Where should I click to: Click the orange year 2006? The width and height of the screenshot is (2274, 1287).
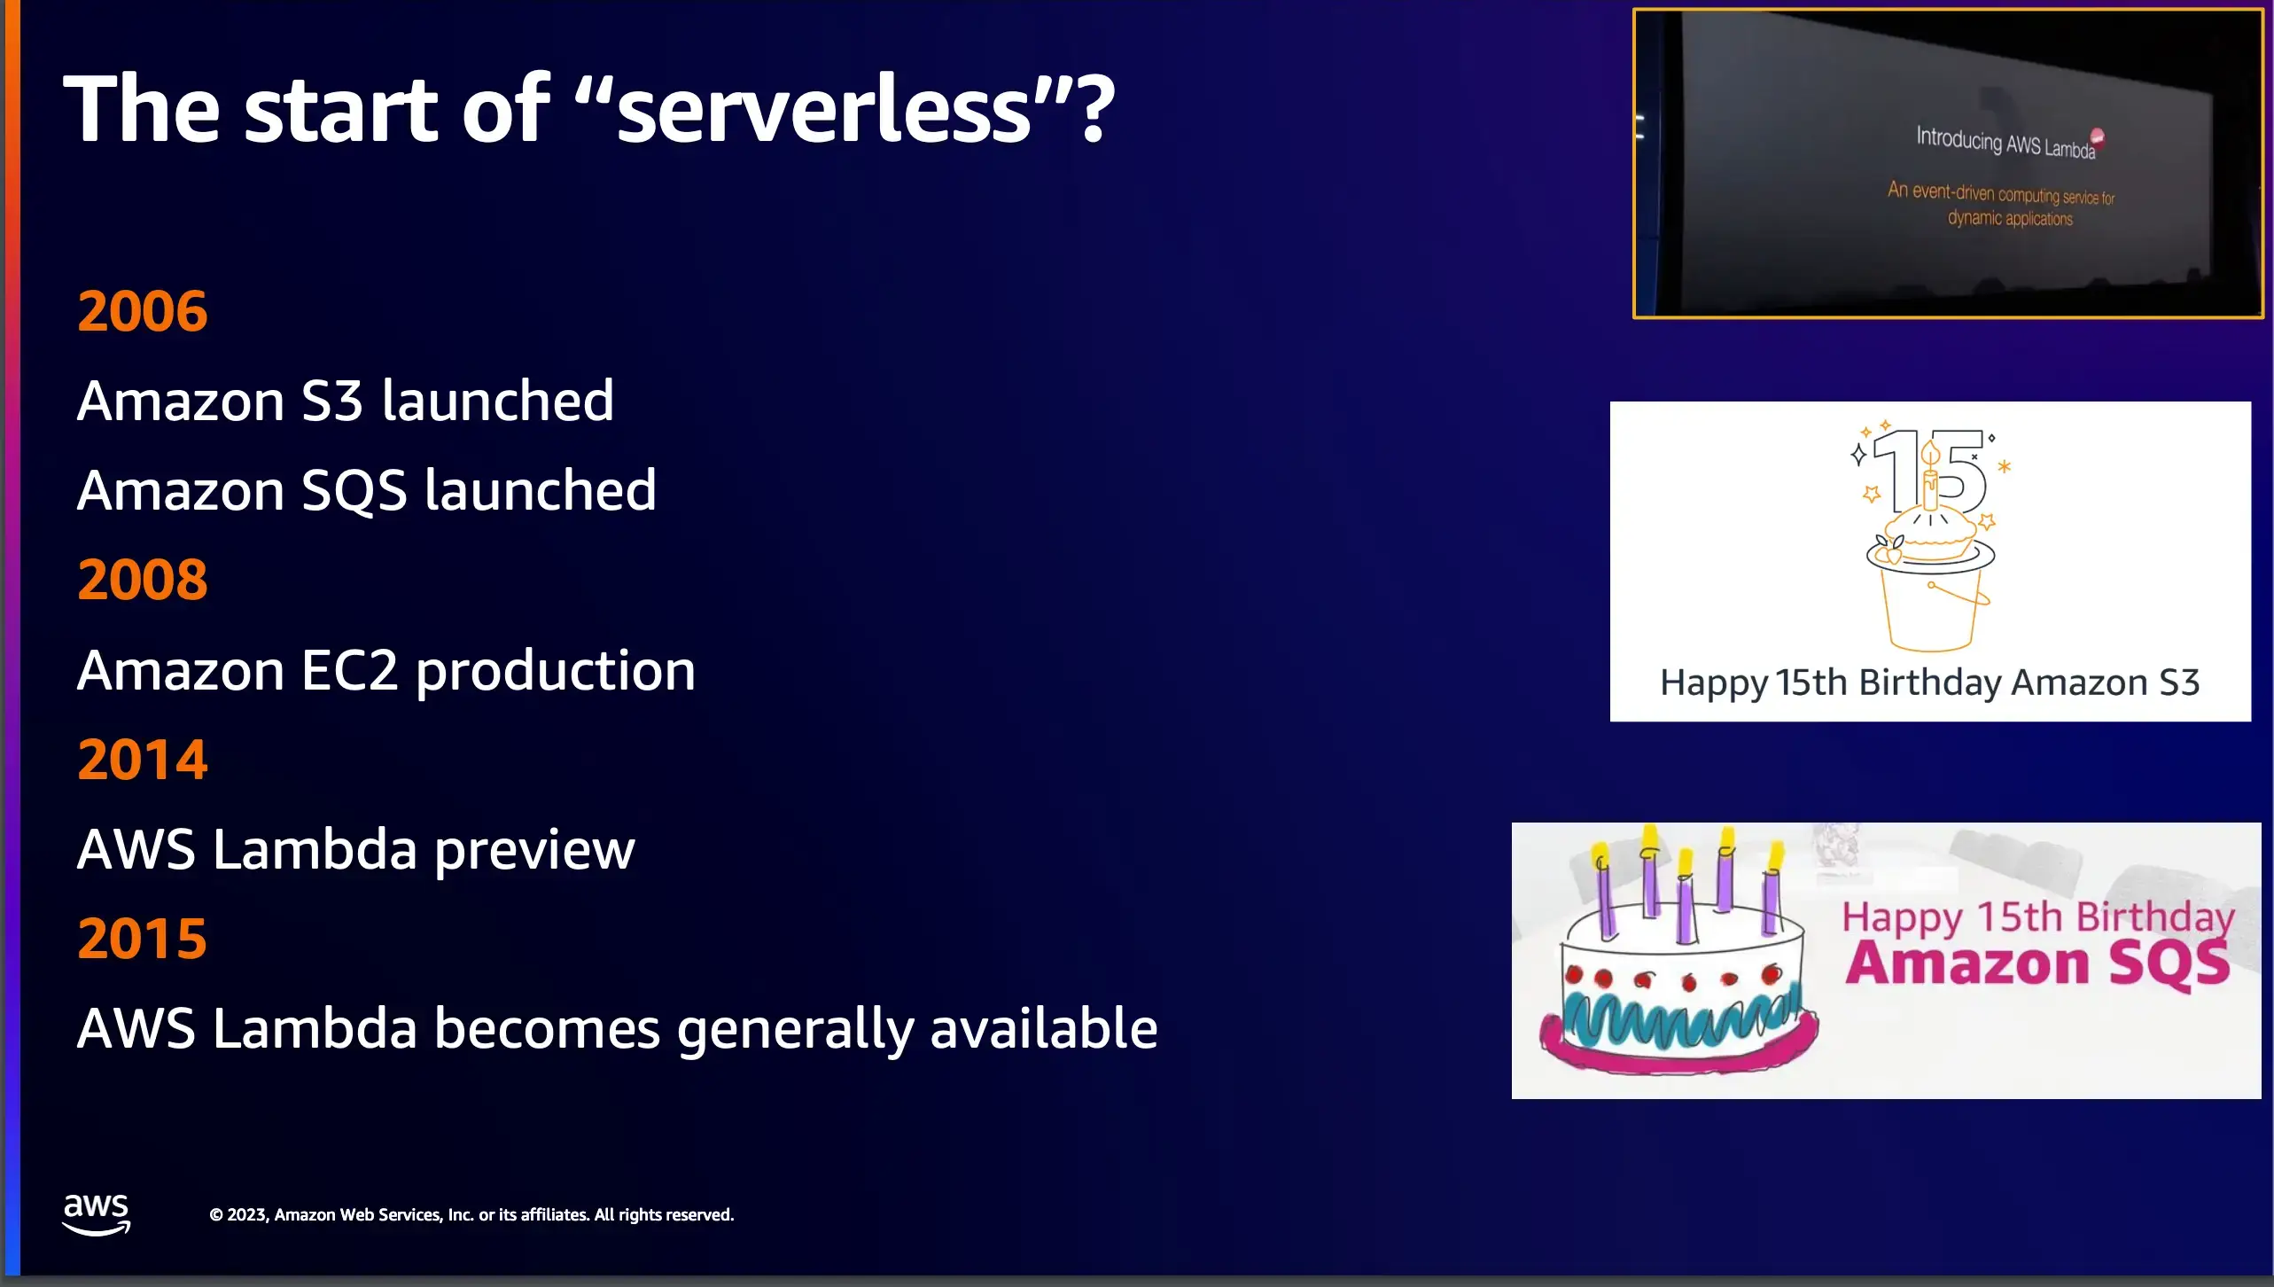coord(143,311)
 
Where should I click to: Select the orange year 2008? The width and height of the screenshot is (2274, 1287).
coord(143,580)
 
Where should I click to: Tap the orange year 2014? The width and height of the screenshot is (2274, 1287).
coord(143,760)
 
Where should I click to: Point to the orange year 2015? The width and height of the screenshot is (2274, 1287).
coord(143,939)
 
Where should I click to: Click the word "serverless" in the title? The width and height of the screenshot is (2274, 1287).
coord(824,110)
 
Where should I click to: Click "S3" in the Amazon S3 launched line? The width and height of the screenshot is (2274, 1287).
coord(332,401)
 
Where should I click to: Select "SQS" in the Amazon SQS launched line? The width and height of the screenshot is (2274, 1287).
coord(354,492)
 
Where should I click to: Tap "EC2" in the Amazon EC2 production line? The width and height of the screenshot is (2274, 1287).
coord(350,670)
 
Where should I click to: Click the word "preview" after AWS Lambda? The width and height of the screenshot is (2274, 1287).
coord(534,851)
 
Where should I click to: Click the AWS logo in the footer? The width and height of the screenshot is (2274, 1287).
coord(97,1213)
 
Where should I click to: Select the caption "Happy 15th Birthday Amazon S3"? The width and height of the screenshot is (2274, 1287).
coord(1930,682)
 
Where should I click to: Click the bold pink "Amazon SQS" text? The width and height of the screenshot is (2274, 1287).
coord(2037,963)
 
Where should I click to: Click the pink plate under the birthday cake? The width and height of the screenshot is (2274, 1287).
coord(1675,1050)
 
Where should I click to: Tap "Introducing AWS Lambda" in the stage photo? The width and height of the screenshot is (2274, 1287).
coord(2005,142)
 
